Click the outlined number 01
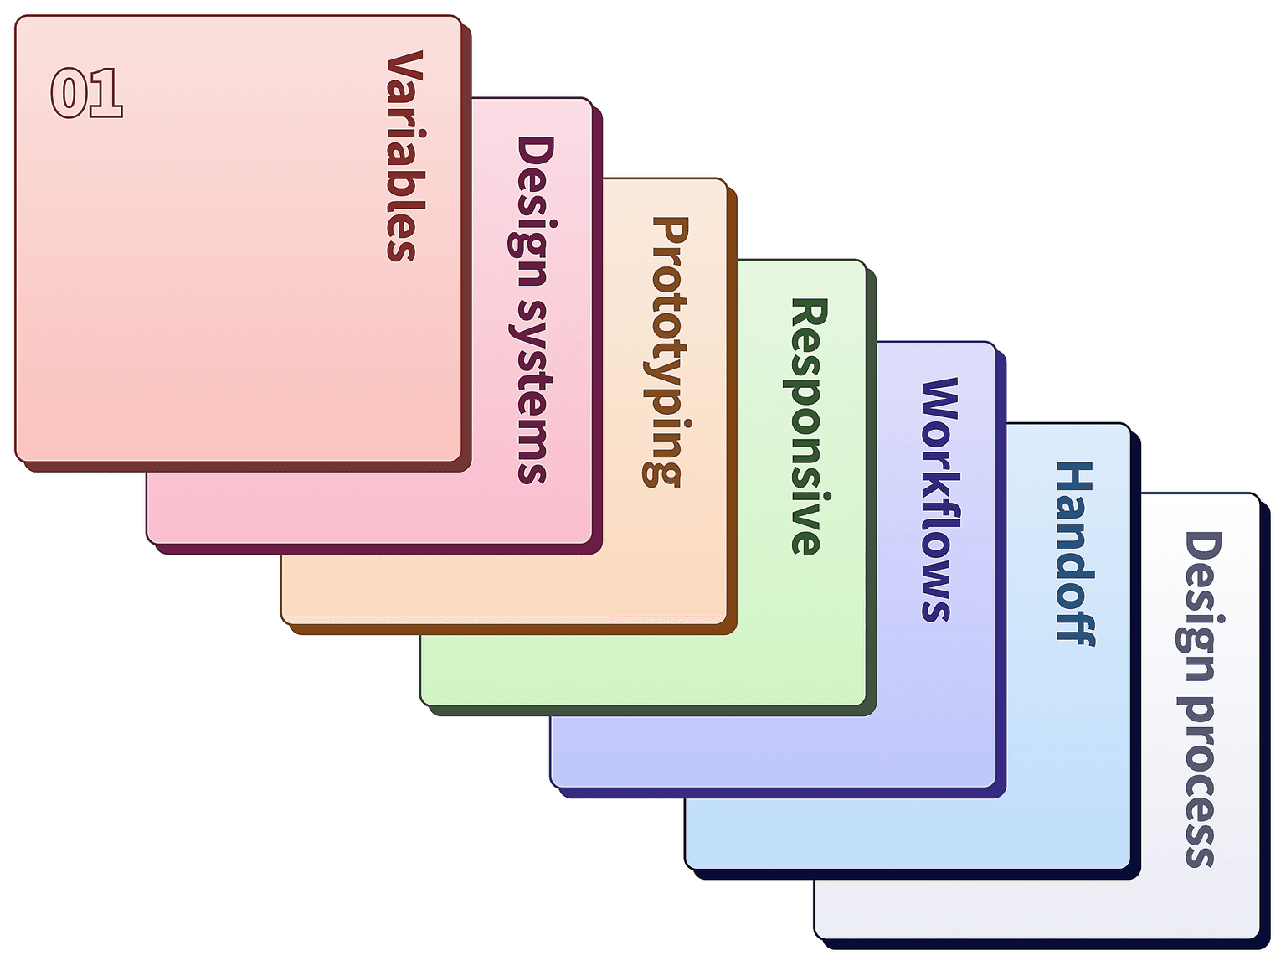click(x=87, y=93)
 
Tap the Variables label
click(x=405, y=155)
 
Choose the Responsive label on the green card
click(x=807, y=426)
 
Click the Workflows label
click(x=940, y=499)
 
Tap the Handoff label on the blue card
click(x=1074, y=553)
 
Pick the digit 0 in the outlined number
click(x=69, y=93)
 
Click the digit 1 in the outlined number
click(x=106, y=93)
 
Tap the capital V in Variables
click(x=405, y=70)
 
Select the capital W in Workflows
click(x=940, y=405)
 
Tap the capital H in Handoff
click(x=1074, y=478)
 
